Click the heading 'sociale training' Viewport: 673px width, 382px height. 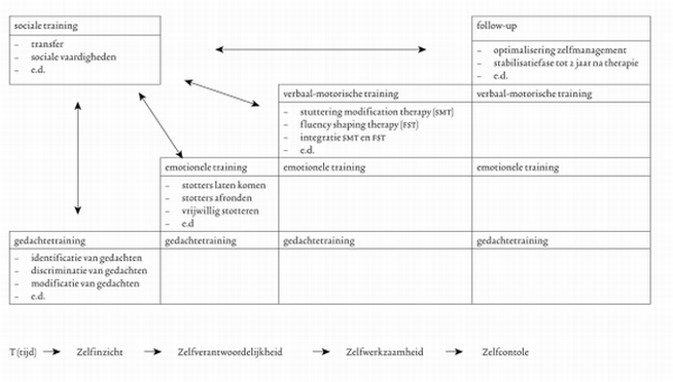pyautogui.click(x=41, y=26)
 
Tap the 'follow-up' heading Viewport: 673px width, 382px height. pyautogui.click(x=499, y=26)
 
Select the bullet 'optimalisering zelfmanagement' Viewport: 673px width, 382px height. pyautogui.click(x=560, y=50)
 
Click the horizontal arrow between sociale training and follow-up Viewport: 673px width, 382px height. pyautogui.click(x=320, y=48)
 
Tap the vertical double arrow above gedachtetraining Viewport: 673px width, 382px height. pyautogui.click(x=78, y=155)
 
